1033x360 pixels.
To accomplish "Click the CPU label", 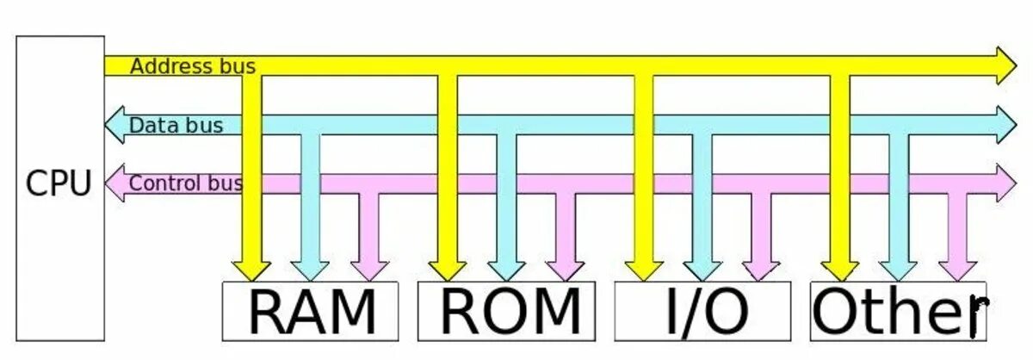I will (59, 183).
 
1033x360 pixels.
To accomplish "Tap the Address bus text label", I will (192, 66).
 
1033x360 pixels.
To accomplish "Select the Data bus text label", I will (176, 126).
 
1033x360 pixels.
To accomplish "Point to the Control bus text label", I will (185, 183).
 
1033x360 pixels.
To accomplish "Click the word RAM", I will (312, 311).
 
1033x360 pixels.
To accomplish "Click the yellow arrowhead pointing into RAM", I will (251, 269).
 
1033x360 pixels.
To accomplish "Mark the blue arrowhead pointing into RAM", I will (310, 269).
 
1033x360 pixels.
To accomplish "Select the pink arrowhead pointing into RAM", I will (370, 269).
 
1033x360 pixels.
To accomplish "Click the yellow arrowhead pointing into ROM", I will (448, 269).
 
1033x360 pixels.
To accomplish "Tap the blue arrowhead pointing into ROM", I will (506, 269).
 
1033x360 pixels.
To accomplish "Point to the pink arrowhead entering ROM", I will (566, 269).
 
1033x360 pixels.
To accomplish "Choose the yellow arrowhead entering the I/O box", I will (643, 269).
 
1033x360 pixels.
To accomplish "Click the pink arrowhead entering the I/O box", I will (760, 269).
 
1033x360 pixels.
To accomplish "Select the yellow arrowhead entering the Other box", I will (839, 269).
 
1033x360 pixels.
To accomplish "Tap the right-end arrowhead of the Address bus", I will (1005, 65).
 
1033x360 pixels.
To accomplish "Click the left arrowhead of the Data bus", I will (115, 125).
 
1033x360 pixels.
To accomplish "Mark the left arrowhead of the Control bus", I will (115, 183).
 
